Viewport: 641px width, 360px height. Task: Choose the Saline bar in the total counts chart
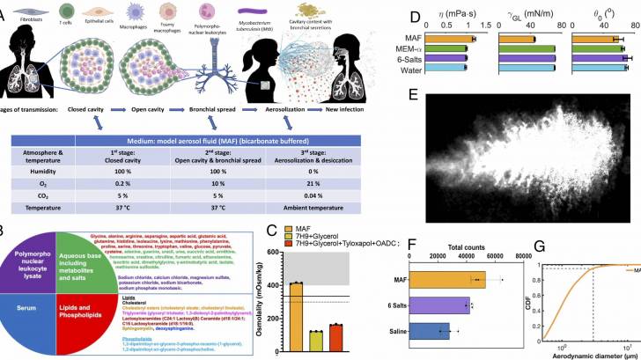431,331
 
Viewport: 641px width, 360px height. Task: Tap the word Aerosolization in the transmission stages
277,110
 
